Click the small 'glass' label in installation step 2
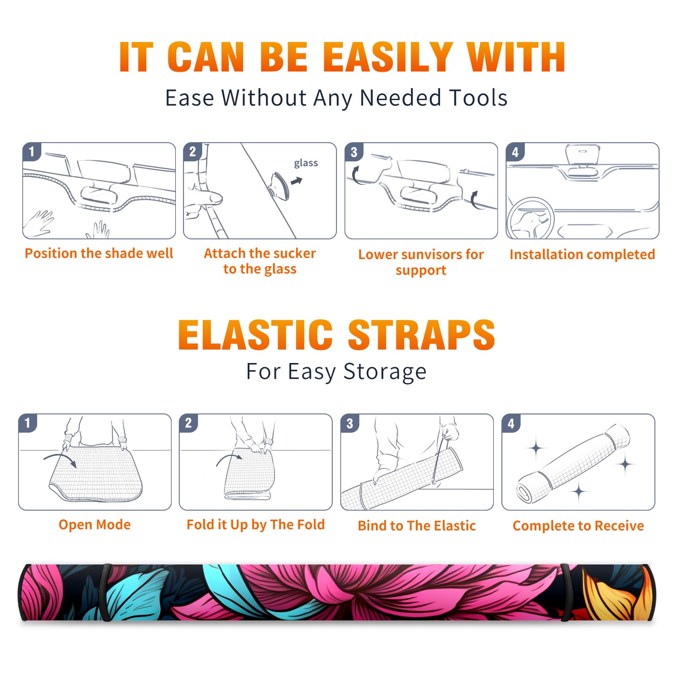306,163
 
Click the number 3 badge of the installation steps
354,152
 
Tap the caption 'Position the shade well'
99,253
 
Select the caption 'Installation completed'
582,254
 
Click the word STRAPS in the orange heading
421,335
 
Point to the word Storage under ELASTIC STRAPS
385,372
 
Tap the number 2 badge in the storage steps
188,423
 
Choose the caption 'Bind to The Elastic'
417,526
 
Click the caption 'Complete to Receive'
578,526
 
